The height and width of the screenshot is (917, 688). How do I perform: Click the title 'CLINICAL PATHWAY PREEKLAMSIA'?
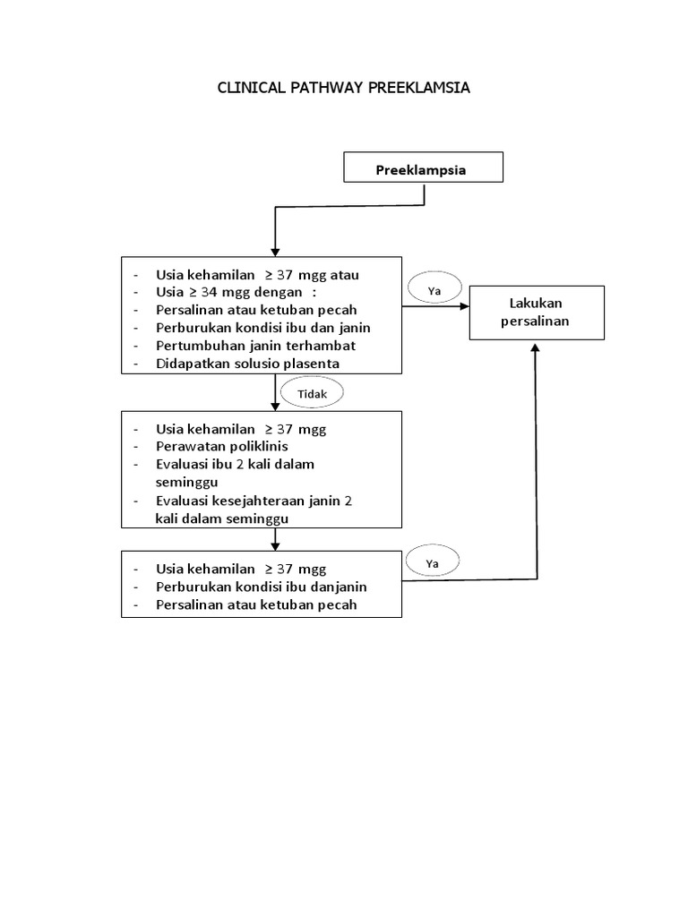(x=344, y=88)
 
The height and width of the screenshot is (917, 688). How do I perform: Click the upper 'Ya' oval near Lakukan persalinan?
(x=434, y=290)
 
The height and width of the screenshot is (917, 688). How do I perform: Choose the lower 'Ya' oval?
(x=434, y=563)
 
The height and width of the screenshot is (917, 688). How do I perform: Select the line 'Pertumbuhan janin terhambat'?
(x=255, y=345)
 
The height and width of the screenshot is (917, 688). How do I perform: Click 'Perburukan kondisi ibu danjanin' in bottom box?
(x=262, y=587)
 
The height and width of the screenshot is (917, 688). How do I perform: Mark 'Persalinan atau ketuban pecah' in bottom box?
(x=256, y=605)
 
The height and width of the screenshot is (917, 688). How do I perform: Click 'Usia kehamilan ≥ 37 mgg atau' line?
(x=257, y=275)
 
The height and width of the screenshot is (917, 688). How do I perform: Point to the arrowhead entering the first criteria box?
(x=275, y=250)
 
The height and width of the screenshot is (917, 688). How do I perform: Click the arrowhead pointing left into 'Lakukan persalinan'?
(x=464, y=306)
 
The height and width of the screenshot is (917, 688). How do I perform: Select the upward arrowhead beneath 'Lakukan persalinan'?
(x=536, y=349)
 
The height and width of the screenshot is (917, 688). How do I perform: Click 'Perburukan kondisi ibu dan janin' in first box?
(x=262, y=327)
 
